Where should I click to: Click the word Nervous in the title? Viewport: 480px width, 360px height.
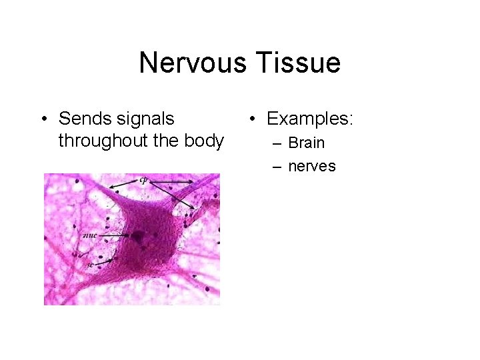(x=189, y=63)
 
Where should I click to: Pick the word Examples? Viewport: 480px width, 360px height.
(x=310, y=119)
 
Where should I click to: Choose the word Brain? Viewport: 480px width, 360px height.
(x=306, y=143)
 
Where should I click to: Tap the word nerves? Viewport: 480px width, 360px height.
(x=311, y=166)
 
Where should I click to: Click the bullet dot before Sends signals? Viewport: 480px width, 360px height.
(x=43, y=119)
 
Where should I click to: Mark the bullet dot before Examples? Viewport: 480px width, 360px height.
(x=252, y=119)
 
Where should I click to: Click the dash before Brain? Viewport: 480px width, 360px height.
(x=276, y=143)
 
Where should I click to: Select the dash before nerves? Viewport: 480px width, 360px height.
(x=276, y=166)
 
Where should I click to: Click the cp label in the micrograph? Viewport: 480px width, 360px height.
(x=143, y=179)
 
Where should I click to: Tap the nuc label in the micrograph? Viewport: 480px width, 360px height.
(x=89, y=235)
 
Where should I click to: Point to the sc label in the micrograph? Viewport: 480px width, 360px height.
(x=89, y=264)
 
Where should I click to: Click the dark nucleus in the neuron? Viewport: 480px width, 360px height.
(x=139, y=235)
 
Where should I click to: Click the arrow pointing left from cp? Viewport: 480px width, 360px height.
(x=123, y=183)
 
